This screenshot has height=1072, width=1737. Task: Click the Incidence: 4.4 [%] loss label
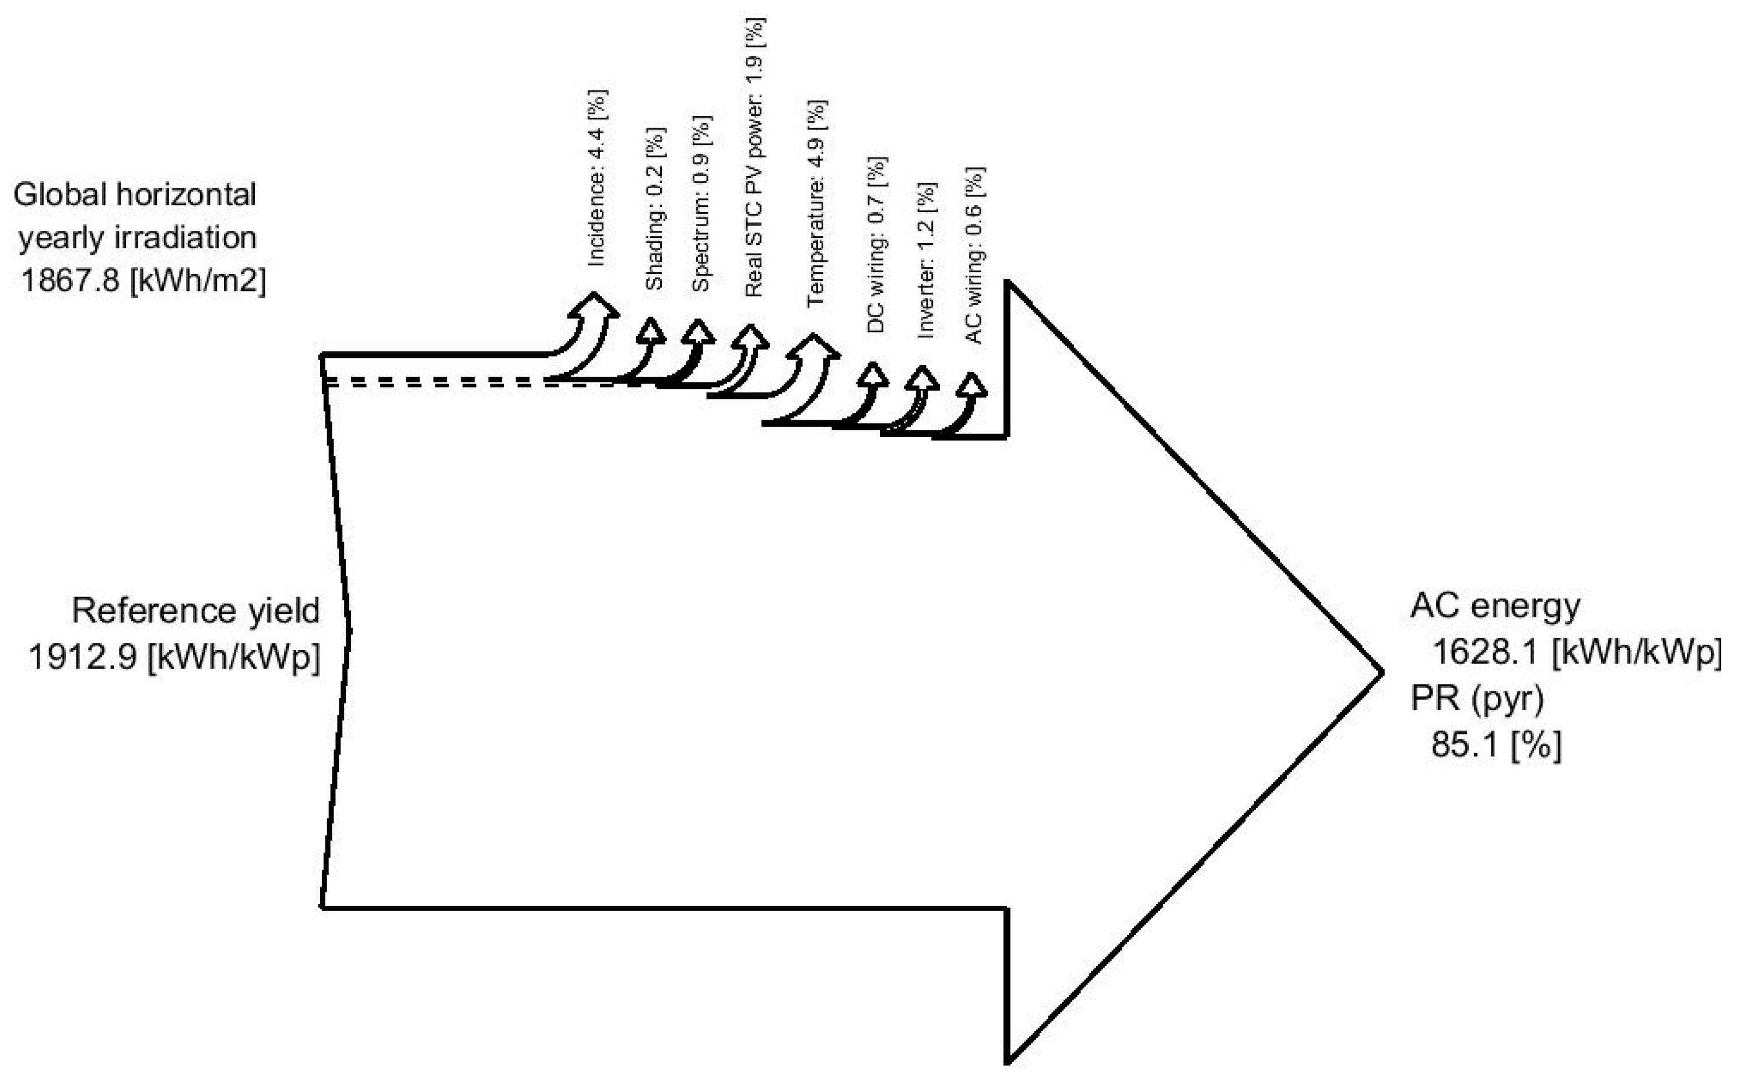tap(596, 178)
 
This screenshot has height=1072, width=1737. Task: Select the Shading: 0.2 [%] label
tap(654, 209)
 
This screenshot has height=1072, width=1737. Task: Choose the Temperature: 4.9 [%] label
tap(816, 203)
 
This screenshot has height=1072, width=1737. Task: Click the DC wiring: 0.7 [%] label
tap(876, 245)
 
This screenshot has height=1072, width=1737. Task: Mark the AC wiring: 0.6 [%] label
tap(975, 255)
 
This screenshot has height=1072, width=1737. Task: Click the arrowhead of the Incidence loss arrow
tap(594, 305)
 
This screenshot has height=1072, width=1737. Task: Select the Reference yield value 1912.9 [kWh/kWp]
tap(174, 656)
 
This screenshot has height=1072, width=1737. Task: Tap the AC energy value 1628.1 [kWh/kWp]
tap(1577, 652)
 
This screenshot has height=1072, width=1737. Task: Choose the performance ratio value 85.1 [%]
tap(1496, 744)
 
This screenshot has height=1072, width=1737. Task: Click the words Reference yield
tap(196, 610)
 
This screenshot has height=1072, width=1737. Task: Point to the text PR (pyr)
tap(1478, 698)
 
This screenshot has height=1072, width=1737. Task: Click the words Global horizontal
tap(135, 194)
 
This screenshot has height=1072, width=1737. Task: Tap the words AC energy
tap(1496, 606)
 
